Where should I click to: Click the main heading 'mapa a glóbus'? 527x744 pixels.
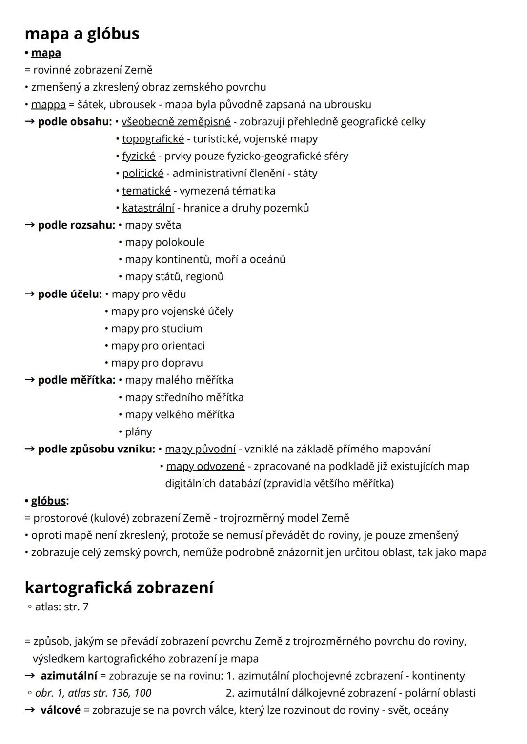(x=81, y=34)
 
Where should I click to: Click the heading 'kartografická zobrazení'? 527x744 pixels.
(x=119, y=587)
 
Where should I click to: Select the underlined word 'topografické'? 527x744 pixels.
(x=153, y=139)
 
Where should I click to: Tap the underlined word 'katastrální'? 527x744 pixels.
(x=148, y=208)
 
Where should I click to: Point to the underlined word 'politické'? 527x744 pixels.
(x=142, y=173)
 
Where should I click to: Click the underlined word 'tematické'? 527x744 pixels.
(x=146, y=191)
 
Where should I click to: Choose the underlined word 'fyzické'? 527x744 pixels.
(x=139, y=156)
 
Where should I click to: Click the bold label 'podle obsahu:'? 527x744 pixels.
(x=75, y=121)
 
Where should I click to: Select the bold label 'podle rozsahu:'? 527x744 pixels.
(x=76, y=225)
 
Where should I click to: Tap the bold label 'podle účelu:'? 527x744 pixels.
(x=70, y=294)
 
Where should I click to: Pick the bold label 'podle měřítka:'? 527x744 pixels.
(x=77, y=380)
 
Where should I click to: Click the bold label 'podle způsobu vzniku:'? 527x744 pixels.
(x=96, y=449)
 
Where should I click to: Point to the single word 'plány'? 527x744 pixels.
(x=138, y=432)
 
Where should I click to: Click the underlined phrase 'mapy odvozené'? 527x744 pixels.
(x=205, y=466)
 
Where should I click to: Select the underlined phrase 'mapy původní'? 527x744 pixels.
(x=200, y=449)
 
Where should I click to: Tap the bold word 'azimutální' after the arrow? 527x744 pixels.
(x=68, y=676)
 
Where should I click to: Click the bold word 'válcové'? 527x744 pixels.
(x=60, y=710)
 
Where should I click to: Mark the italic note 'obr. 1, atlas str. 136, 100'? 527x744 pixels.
(x=93, y=693)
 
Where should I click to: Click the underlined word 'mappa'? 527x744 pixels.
(x=48, y=104)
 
